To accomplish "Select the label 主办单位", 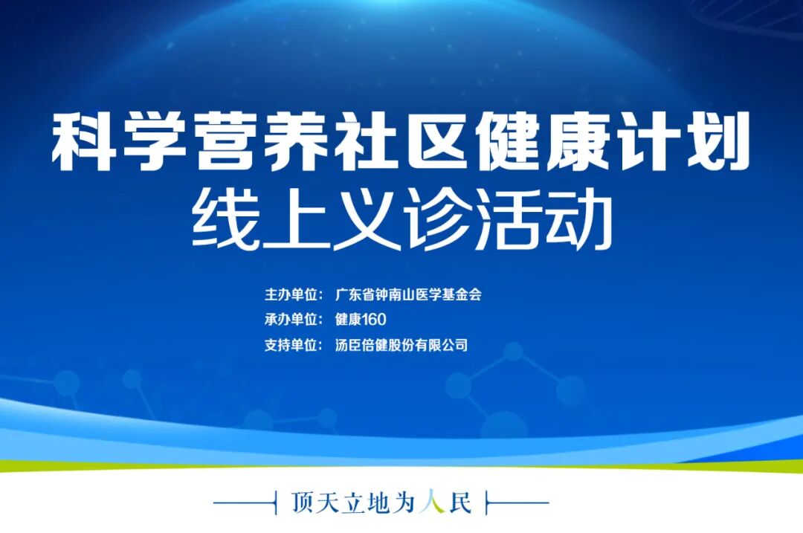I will (291, 294).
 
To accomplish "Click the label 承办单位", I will (291, 320).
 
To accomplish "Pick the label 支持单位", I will (291, 345).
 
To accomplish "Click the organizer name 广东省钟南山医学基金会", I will (408, 294).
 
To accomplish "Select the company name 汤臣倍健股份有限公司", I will (401, 345).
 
